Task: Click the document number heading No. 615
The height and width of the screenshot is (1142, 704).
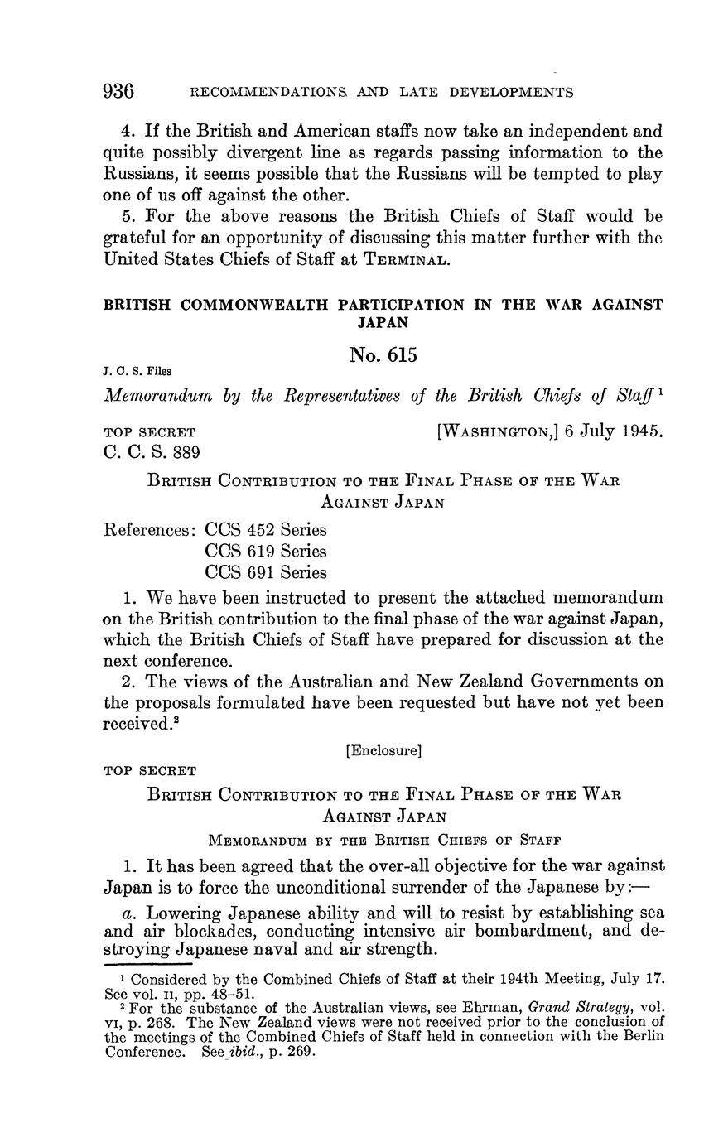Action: (x=383, y=355)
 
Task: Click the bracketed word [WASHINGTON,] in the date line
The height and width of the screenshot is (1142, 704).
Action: (x=497, y=431)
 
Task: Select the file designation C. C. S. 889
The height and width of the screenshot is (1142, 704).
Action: (x=151, y=451)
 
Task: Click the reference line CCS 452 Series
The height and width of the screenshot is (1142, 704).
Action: (x=266, y=529)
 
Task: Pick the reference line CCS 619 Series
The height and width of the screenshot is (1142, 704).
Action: (x=266, y=551)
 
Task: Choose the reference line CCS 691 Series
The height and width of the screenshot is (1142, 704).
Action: (x=266, y=572)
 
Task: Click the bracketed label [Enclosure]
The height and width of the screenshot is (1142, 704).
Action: (x=383, y=751)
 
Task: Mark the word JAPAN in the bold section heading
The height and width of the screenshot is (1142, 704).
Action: (x=383, y=320)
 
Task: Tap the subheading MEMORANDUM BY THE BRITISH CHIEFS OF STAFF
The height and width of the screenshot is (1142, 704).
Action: (x=383, y=839)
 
